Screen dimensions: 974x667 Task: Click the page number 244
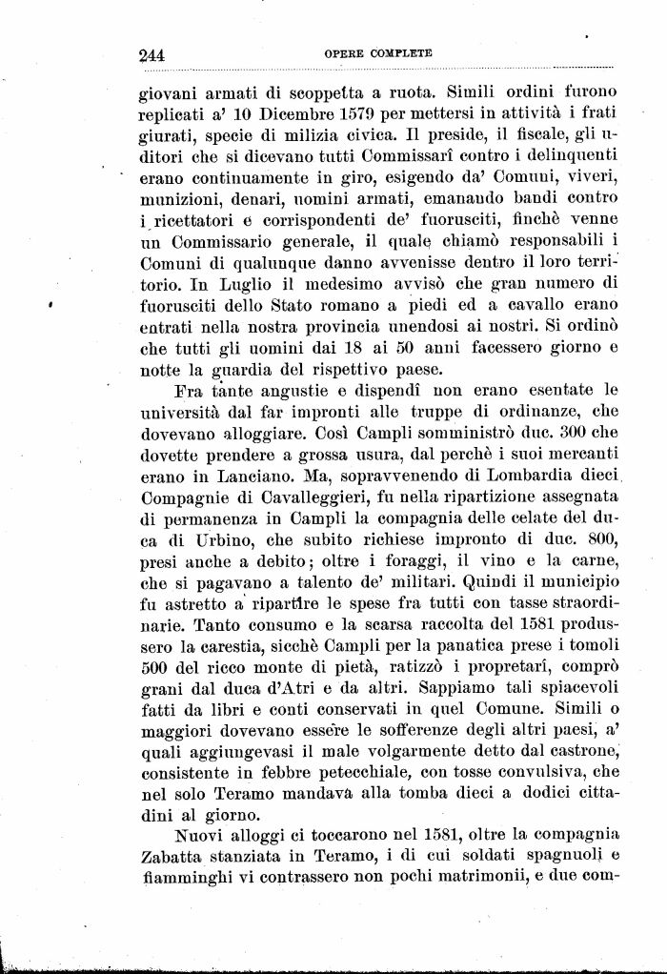(152, 55)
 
